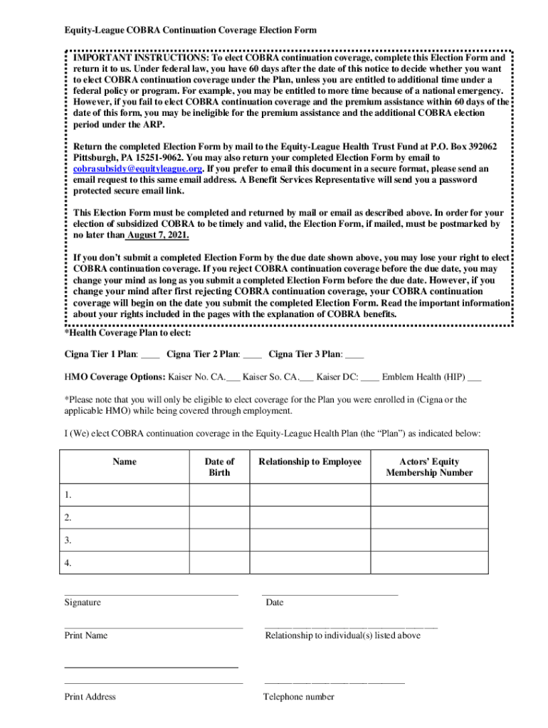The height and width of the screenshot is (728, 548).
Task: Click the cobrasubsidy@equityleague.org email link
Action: coord(138,169)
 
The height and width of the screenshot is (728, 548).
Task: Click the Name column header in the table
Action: coord(125,462)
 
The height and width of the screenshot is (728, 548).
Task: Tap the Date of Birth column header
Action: coord(219,467)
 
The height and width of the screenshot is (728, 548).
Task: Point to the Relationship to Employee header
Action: coord(310,462)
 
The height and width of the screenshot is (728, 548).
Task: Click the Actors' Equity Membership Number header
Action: coord(429,467)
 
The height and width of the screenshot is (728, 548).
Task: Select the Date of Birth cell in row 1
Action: coord(219,495)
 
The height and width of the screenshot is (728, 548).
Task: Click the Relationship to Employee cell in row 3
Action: coord(310,540)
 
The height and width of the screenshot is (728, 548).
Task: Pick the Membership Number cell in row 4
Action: coord(429,563)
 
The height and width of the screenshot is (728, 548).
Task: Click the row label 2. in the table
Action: coord(68,518)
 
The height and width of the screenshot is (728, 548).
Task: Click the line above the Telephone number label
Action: coord(334,682)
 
